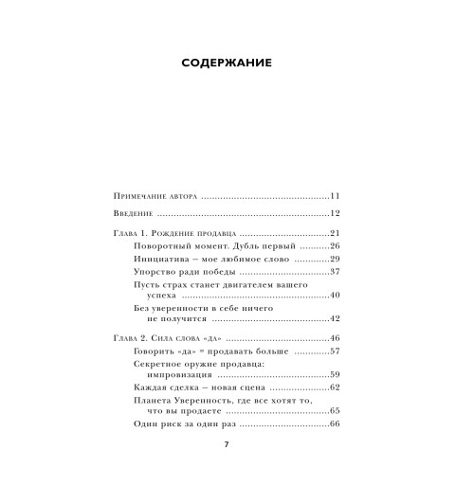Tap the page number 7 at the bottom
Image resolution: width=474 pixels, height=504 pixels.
227,445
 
